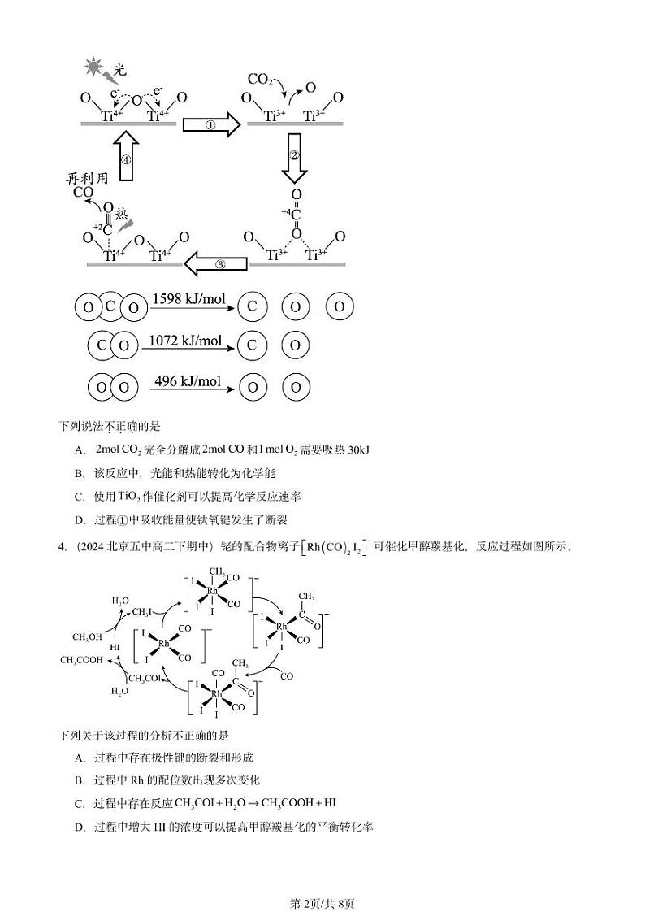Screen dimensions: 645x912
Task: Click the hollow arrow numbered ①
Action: click(x=210, y=125)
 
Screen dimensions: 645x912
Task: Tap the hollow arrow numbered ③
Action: click(x=215, y=263)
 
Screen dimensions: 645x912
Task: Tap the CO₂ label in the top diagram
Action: click(x=259, y=79)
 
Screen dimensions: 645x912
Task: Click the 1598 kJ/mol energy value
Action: click(x=188, y=299)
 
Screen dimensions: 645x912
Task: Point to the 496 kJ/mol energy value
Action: click(x=187, y=381)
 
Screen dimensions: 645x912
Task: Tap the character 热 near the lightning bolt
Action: click(x=121, y=214)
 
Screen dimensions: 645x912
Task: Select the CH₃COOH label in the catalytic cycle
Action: click(x=81, y=660)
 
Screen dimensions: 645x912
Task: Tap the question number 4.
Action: click(x=62, y=546)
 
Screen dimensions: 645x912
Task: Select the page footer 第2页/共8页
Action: click(x=322, y=881)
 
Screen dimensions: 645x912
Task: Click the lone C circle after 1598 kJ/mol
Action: click(x=252, y=306)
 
